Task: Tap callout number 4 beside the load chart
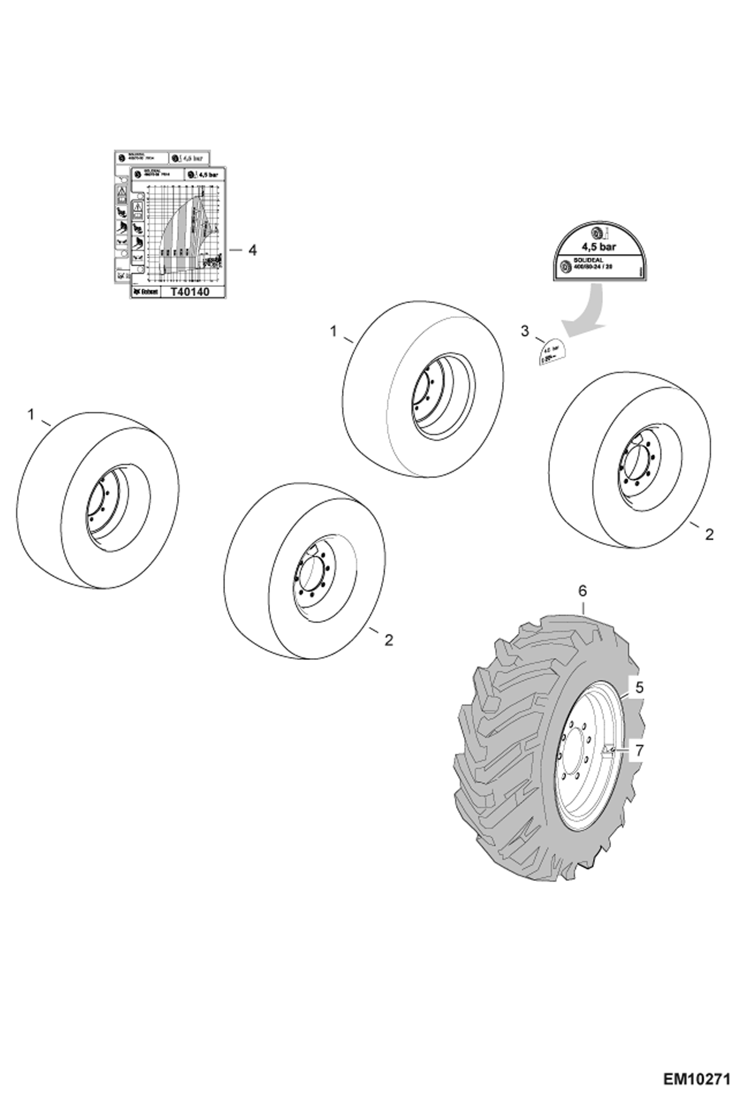pos(253,250)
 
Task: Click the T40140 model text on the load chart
pos(190,292)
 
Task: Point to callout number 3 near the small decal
pos(524,330)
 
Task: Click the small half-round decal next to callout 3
pos(551,352)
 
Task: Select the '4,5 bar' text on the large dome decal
pos(598,246)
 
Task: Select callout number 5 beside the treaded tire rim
pos(639,688)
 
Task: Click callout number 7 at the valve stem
pos(639,750)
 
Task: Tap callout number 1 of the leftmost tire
pos(31,414)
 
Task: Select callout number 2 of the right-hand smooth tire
pos(709,534)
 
